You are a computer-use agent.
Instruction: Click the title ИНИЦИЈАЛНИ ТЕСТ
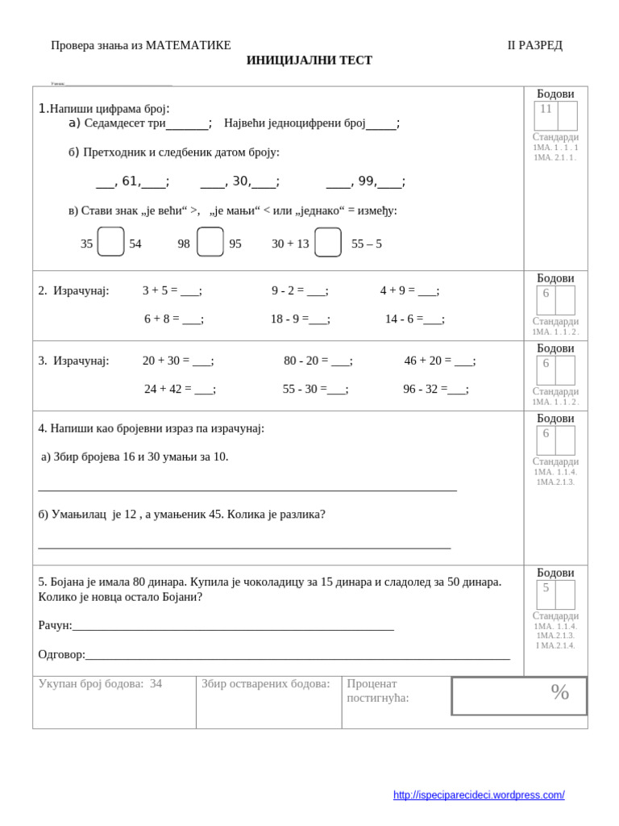pyautogui.click(x=309, y=60)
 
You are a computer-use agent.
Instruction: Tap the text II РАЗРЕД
pyautogui.click(x=534, y=45)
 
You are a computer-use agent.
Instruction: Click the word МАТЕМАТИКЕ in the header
pyautogui.click(x=188, y=45)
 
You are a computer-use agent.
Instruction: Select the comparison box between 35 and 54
pyautogui.click(x=110, y=242)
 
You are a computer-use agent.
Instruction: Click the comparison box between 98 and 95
pyautogui.click(x=210, y=242)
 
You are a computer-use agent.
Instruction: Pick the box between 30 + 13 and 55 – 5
pyautogui.click(x=328, y=242)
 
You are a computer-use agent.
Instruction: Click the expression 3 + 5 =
pyautogui.click(x=160, y=290)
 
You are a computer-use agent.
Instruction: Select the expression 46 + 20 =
pyautogui.click(x=428, y=361)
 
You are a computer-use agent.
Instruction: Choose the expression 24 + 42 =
pyautogui.click(x=168, y=389)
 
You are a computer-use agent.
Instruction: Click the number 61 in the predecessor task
pyautogui.click(x=130, y=181)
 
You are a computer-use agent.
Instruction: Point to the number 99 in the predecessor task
pyautogui.click(x=366, y=181)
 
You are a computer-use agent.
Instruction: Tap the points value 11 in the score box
pyautogui.click(x=546, y=109)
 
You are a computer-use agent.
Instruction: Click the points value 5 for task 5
pyautogui.click(x=546, y=587)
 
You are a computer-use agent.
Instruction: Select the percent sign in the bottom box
pyautogui.click(x=559, y=692)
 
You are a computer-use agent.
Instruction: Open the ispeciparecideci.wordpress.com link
pyautogui.click(x=479, y=795)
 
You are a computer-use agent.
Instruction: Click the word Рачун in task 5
pyautogui.click(x=54, y=625)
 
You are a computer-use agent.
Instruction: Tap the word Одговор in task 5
pyautogui.click(x=60, y=654)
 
